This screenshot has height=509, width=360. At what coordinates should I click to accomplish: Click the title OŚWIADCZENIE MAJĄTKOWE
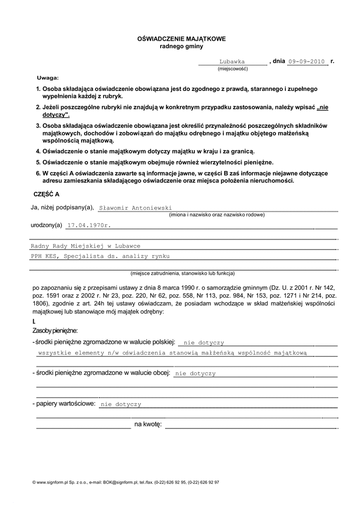coord(181,38)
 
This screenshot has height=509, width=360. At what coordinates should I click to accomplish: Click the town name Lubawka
coord(232,62)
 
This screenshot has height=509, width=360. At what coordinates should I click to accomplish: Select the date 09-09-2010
coord(306,62)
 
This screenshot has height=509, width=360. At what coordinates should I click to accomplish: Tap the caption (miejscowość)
coord(232,69)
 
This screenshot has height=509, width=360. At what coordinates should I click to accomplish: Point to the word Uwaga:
coord(48,79)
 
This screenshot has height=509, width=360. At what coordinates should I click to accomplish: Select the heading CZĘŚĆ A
coord(46,194)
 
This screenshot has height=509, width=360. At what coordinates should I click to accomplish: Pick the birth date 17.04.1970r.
coord(89,225)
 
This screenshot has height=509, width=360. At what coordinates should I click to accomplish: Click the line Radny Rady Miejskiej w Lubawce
coord(86,246)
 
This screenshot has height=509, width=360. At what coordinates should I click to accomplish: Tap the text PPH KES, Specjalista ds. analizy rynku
coord(100,256)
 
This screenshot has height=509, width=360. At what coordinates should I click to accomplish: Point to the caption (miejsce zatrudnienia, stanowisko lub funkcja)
coord(182,273)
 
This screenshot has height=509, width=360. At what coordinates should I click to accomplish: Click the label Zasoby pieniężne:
coord(55,331)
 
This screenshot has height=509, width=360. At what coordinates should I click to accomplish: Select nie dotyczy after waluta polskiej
coord(204,342)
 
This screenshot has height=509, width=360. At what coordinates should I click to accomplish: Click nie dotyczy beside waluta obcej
coord(195,373)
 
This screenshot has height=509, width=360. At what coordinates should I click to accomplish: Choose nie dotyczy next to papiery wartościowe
coord(121,405)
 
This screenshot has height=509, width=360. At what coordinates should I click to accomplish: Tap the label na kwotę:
coord(148,424)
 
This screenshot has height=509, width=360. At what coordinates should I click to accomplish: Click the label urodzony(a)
coord(46,225)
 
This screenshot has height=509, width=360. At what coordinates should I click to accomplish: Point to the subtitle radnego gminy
coord(181,46)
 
